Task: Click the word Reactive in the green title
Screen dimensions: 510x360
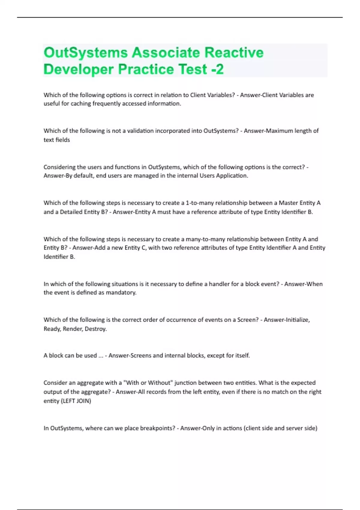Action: tap(234, 53)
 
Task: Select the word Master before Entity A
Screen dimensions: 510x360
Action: tap(288, 203)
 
